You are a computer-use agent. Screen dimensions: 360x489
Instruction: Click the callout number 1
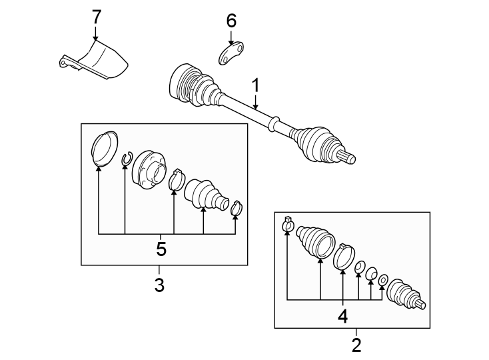[254, 85]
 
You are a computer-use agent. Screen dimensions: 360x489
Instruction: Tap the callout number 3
[159, 285]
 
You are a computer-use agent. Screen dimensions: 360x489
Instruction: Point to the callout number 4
[343, 315]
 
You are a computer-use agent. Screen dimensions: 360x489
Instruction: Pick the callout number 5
[161, 249]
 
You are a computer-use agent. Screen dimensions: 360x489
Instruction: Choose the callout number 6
[231, 21]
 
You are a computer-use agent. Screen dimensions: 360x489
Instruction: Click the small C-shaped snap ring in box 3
[125, 159]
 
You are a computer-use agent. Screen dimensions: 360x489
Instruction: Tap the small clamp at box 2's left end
[288, 225]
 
